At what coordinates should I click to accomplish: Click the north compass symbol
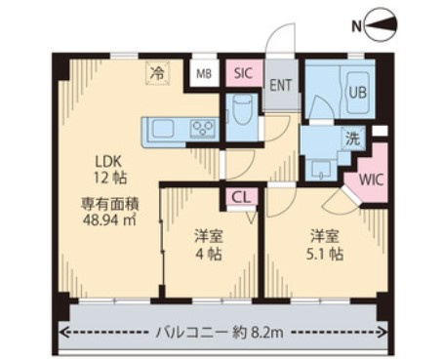[382, 25]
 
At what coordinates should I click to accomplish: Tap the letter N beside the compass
[357, 26]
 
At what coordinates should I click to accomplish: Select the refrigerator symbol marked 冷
[158, 73]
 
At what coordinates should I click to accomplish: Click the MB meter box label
[204, 74]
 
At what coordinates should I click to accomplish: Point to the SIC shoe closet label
[243, 73]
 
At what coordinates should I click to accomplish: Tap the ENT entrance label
[281, 85]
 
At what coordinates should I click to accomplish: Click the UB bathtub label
[358, 92]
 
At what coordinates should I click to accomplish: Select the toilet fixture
[242, 111]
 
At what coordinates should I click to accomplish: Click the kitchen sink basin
[163, 128]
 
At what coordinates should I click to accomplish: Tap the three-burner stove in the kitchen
[203, 128]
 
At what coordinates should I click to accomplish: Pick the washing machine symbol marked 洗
[353, 139]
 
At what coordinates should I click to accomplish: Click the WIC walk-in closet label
[372, 180]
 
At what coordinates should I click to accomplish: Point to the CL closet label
[241, 197]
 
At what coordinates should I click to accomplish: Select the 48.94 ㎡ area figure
[109, 220]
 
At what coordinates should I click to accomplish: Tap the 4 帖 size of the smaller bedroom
[209, 254]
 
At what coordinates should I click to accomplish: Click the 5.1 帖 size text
[325, 254]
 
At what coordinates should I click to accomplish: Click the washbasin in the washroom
[321, 169]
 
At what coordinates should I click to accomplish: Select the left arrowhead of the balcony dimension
[61, 333]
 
